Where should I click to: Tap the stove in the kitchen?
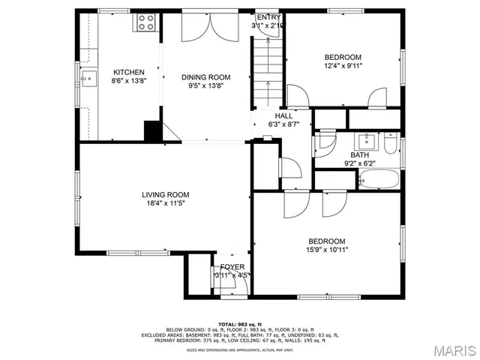[145, 23]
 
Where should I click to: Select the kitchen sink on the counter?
[88, 76]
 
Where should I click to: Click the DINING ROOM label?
[206, 77]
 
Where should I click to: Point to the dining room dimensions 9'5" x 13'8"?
[206, 85]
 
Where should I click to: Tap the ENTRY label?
[268, 17]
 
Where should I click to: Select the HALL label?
[284, 116]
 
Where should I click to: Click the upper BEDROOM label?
[343, 57]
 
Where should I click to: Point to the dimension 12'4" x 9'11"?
[343, 65]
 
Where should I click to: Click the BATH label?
[359, 155]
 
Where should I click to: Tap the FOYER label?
[232, 267]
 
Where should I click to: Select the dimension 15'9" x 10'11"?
[326, 250]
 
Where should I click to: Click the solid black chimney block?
[153, 130]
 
